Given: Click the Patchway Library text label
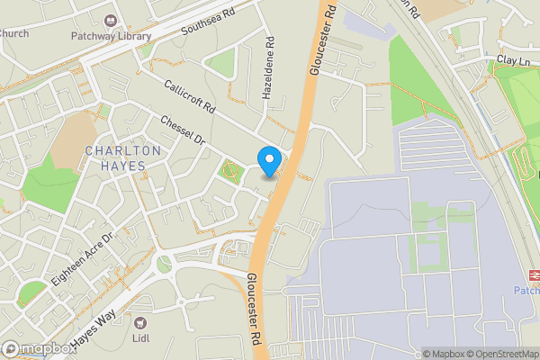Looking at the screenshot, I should (111, 37).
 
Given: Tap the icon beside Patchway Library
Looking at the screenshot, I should (111, 20).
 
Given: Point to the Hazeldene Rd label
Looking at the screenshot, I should (267, 68).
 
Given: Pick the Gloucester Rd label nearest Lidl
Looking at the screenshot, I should (255, 306).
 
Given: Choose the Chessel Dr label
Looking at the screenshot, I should (184, 131).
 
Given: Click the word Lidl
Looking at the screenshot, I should (139, 339).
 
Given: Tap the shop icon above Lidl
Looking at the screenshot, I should (139, 322).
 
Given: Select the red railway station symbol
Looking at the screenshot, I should (532, 274).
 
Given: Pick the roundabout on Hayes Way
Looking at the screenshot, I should (164, 265).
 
